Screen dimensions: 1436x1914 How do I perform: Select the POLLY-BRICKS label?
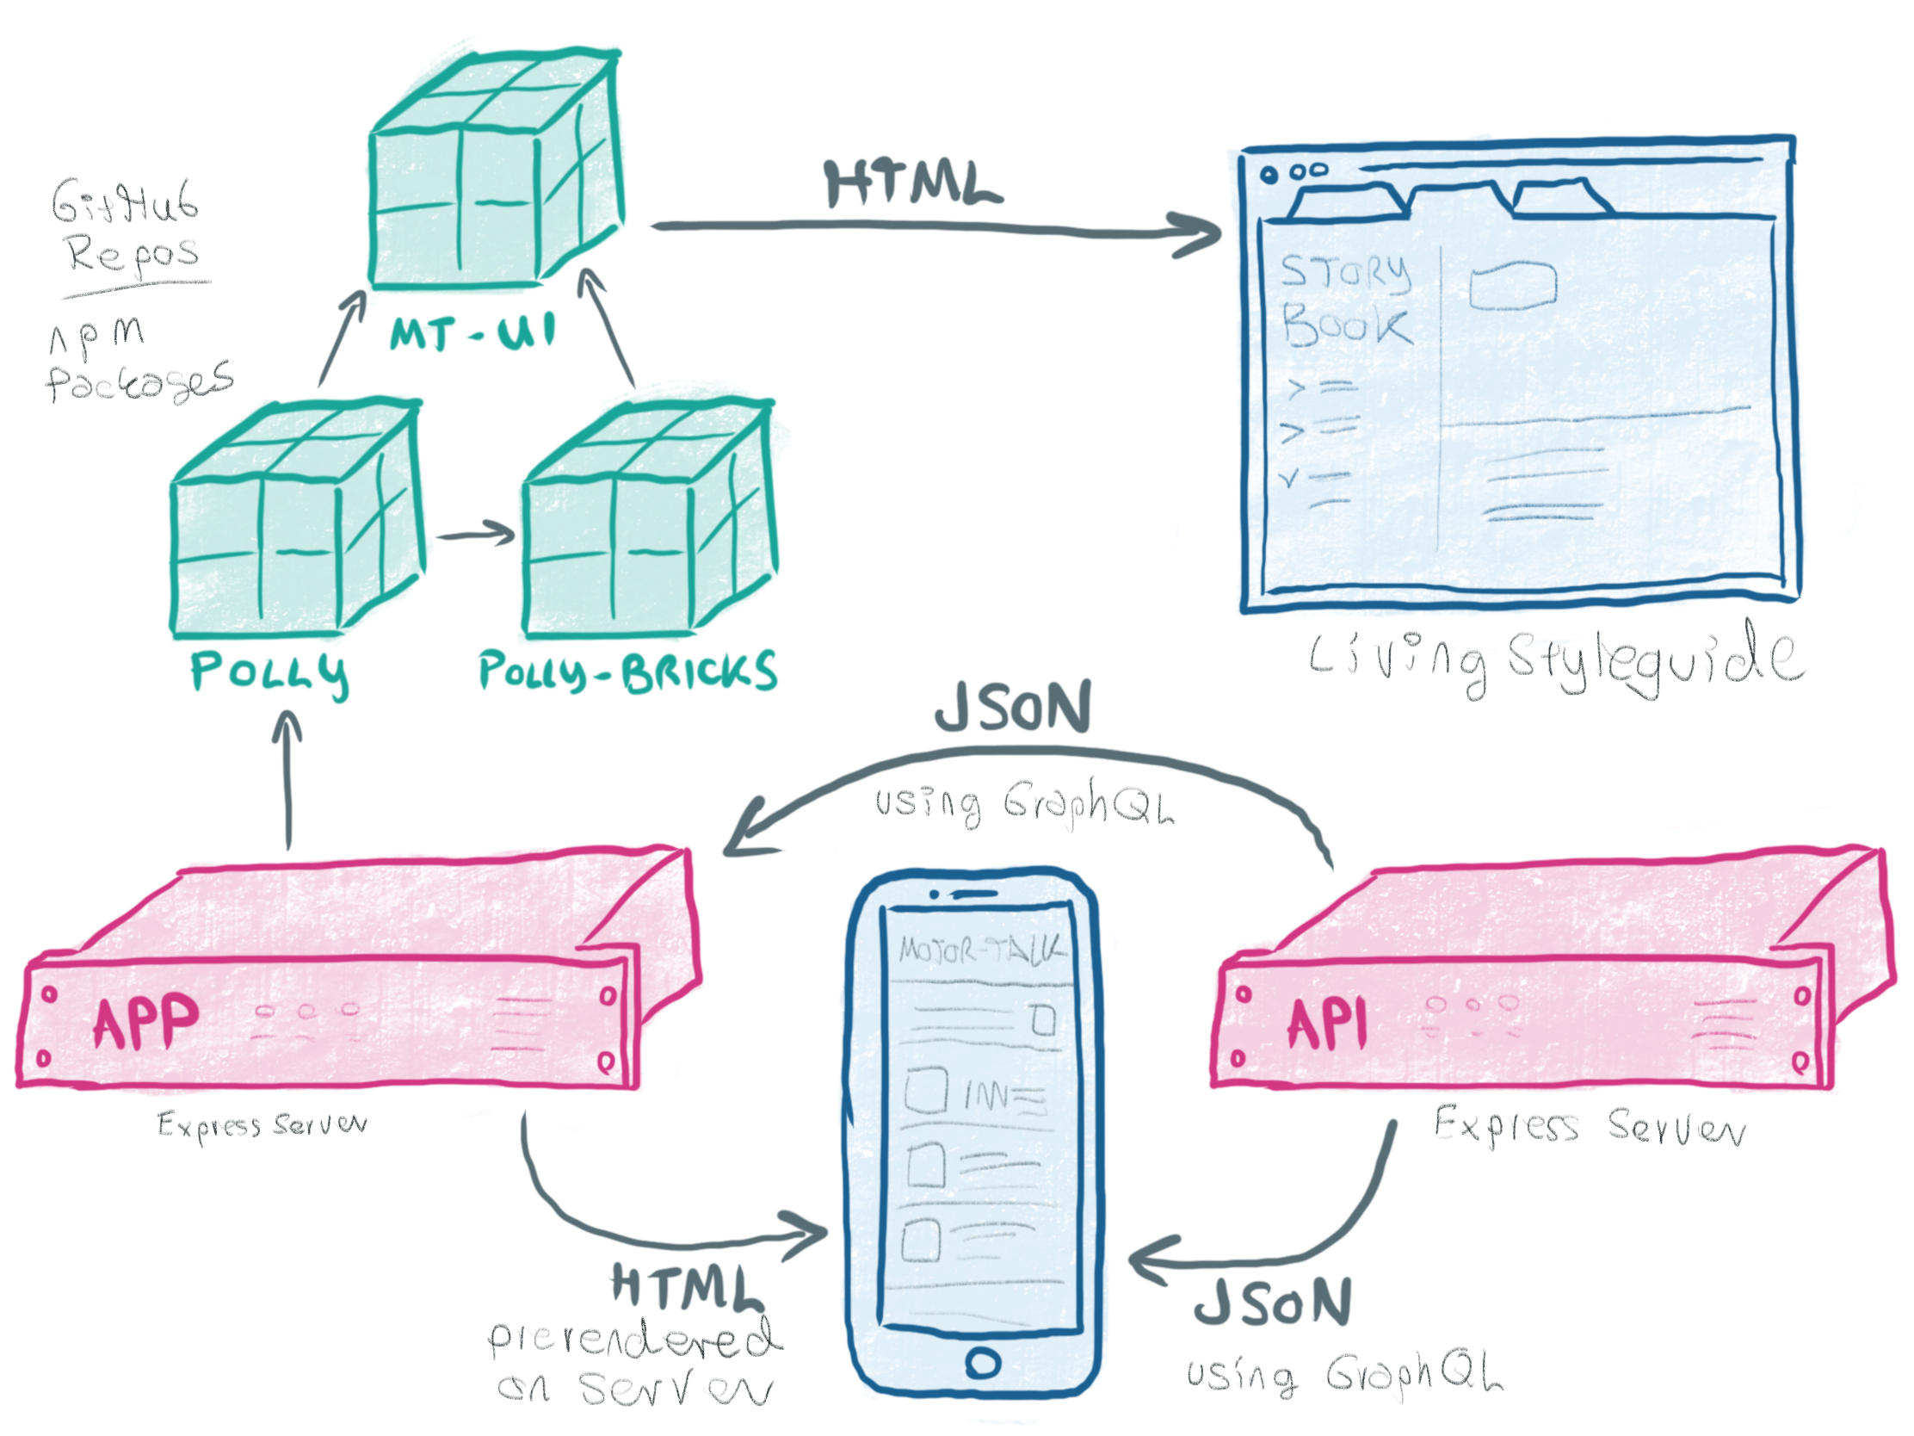(x=627, y=671)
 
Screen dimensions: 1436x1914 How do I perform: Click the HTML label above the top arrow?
(x=913, y=183)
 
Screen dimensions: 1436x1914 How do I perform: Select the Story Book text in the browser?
(x=1345, y=300)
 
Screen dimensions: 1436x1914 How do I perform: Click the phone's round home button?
(x=983, y=1364)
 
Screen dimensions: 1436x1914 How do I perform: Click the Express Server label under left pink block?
(x=262, y=1124)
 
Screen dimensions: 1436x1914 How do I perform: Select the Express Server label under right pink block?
(x=1590, y=1128)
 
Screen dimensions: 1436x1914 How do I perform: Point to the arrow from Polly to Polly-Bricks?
(x=474, y=534)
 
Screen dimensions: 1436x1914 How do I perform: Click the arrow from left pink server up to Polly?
(x=287, y=779)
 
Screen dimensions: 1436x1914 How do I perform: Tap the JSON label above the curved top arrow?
(x=1012, y=707)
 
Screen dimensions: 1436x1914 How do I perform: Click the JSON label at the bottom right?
(x=1272, y=1303)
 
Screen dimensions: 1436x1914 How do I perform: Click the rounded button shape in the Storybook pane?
(x=1512, y=285)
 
